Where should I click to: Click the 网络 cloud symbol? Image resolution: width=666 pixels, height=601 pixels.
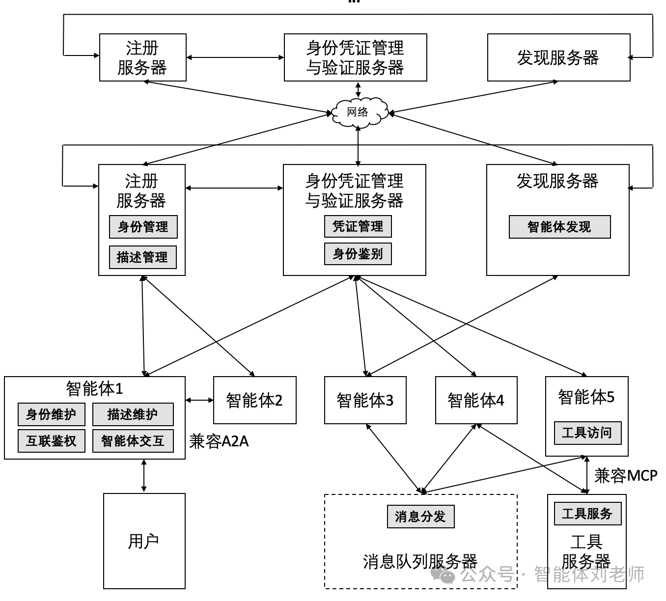tap(358, 112)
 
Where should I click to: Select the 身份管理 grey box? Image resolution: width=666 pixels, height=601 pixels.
tap(143, 227)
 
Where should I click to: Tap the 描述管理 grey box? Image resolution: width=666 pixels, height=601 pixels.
tap(142, 257)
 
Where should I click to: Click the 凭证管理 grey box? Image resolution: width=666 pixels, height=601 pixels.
tap(358, 226)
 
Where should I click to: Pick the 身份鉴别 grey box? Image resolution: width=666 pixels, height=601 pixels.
tap(358, 254)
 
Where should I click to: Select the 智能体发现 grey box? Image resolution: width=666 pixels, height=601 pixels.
tap(559, 227)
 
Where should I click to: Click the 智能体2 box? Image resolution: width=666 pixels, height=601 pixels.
tap(254, 400)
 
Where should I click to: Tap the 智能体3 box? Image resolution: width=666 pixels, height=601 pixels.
tap(365, 400)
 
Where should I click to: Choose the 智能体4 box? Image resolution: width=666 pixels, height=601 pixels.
tap(476, 400)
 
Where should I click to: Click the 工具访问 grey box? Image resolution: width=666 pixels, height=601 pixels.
tap(587, 433)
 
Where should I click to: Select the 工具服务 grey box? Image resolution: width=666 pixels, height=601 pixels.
tap(587, 514)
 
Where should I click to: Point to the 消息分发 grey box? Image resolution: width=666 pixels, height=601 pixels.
tap(420, 517)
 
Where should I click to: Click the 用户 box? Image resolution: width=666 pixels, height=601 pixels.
tap(144, 541)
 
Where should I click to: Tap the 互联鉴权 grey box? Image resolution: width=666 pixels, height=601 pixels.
tap(51, 441)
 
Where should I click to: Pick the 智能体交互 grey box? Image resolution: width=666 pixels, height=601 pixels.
tap(133, 441)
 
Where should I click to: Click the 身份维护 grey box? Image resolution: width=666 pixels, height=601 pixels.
tap(51, 414)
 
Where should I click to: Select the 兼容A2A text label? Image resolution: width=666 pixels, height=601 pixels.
tap(219, 441)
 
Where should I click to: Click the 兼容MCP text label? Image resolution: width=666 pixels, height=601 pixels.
tap(625, 475)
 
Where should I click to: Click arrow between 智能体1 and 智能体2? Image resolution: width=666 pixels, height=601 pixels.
tap(199, 400)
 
